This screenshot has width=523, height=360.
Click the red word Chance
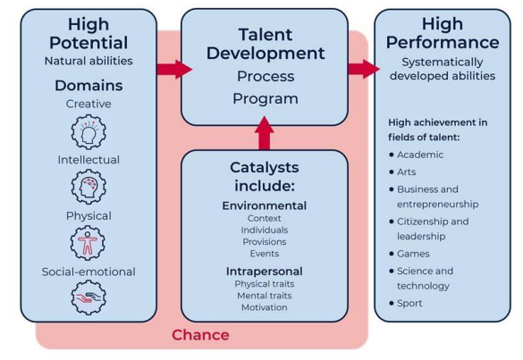pos(200,335)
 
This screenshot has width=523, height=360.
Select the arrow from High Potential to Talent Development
pos(174,70)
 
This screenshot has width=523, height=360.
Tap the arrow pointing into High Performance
pos(364,69)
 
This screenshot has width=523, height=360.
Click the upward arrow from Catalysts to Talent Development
pos(264,133)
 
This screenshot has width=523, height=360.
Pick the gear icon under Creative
pos(89,131)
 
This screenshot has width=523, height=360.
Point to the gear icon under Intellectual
pos(89,187)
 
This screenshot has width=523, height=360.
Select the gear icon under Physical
pos(88,243)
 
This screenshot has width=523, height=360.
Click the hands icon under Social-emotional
pos(89,297)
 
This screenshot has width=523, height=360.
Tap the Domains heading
pos(89,86)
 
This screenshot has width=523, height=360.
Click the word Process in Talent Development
pos(266,76)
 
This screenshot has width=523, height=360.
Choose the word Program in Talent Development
pos(266,99)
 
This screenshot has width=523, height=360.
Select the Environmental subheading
pos(264,205)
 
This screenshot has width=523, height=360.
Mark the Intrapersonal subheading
pos(264,272)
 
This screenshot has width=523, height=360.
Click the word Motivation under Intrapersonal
pos(264,307)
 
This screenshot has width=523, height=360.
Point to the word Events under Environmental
pos(264,254)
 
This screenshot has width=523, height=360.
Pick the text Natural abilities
pos(89,61)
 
